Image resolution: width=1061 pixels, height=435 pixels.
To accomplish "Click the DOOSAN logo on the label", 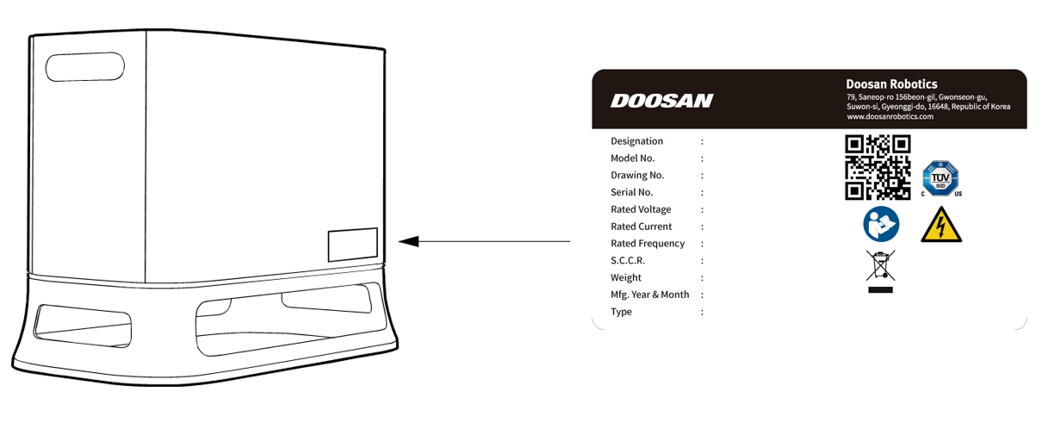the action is pyautogui.click(x=661, y=101).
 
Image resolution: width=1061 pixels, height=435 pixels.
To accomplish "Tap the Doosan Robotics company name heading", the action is pyautogui.click(x=891, y=84).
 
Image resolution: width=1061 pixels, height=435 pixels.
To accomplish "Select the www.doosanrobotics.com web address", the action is pyautogui.click(x=890, y=116).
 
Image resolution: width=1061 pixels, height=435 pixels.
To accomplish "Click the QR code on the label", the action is pyautogui.click(x=878, y=167).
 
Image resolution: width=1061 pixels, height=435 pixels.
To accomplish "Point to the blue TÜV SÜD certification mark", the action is pyautogui.click(x=940, y=178).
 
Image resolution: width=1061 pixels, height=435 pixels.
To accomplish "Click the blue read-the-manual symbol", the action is pyautogui.click(x=881, y=224).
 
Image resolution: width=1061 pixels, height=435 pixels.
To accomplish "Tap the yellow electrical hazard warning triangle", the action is pyautogui.click(x=941, y=225).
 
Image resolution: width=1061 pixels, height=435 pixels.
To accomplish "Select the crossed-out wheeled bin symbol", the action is pyautogui.click(x=880, y=271).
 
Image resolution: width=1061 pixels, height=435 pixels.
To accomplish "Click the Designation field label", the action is pyautogui.click(x=636, y=141).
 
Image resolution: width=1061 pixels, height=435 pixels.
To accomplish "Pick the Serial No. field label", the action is pyautogui.click(x=631, y=192).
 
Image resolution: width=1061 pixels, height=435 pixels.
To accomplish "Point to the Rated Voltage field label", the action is pyautogui.click(x=641, y=209).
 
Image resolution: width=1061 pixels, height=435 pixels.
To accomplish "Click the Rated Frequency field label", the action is pyautogui.click(x=648, y=244).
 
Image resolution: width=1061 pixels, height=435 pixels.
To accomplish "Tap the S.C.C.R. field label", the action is pyautogui.click(x=628, y=261).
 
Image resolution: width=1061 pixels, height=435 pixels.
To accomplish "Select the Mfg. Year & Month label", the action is pyautogui.click(x=650, y=295).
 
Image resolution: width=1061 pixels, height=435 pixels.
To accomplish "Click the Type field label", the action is pyautogui.click(x=621, y=312).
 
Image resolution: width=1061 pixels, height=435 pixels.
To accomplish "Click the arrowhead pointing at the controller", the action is pyautogui.click(x=408, y=241).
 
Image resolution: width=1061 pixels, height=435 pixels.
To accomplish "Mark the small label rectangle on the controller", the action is pyautogui.click(x=353, y=245).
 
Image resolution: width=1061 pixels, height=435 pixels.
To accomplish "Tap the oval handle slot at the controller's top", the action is pyautogui.click(x=84, y=67).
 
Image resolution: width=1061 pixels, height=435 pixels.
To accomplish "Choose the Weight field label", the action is pyautogui.click(x=626, y=277).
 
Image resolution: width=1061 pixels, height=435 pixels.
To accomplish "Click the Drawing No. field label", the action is pyautogui.click(x=637, y=176).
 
